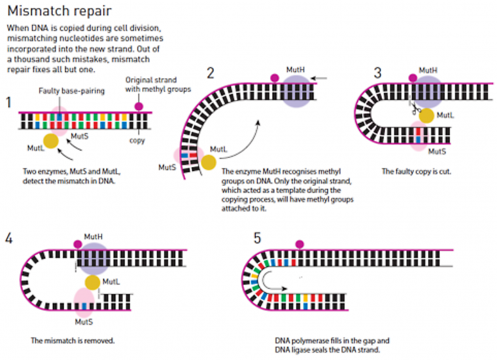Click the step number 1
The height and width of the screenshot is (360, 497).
pyautogui.click(x=9, y=102)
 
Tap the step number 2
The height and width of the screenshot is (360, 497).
pyautogui.click(x=211, y=73)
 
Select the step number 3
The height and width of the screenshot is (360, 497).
pyautogui.click(x=377, y=73)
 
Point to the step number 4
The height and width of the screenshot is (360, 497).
pyautogui.click(x=9, y=238)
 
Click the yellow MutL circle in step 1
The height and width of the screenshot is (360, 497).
pyautogui.click(x=51, y=141)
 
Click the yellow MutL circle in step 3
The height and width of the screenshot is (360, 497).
pyautogui.click(x=426, y=116)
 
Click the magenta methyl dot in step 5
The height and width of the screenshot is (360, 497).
pyautogui.click(x=300, y=244)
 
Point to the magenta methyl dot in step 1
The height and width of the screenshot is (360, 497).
pyautogui.click(x=139, y=106)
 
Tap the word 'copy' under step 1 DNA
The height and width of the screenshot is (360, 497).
pyautogui.click(x=137, y=140)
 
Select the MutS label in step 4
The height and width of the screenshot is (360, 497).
pyautogui.click(x=84, y=322)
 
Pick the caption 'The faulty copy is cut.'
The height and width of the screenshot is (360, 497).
pyautogui.click(x=417, y=171)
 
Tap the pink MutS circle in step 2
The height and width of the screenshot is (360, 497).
pyautogui.click(x=184, y=156)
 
